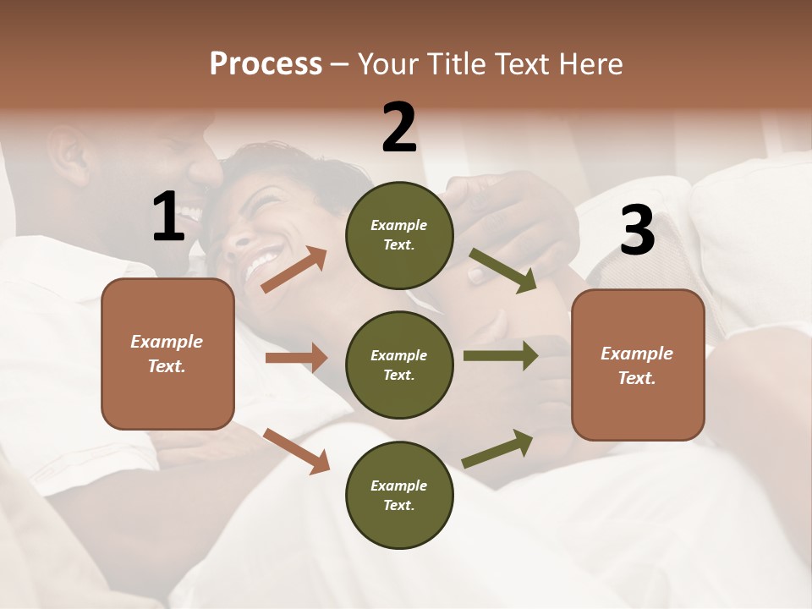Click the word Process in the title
[266, 64]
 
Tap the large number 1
[168, 217]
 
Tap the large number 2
[399, 128]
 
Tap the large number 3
[637, 230]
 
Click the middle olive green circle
[399, 365]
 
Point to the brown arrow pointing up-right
[294, 270]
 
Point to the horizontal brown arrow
[296, 358]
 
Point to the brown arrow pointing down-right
[296, 450]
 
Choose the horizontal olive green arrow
[500, 356]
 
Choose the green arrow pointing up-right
[497, 449]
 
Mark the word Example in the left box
[167, 342]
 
